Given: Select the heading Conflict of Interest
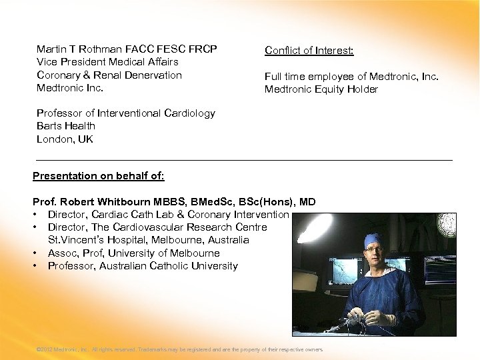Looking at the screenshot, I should [309, 51].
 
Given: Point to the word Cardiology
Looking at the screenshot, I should [190, 113].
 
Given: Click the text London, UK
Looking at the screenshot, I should [65, 139].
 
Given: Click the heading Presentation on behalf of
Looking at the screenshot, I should [98, 176].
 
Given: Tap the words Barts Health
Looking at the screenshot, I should [66, 126].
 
